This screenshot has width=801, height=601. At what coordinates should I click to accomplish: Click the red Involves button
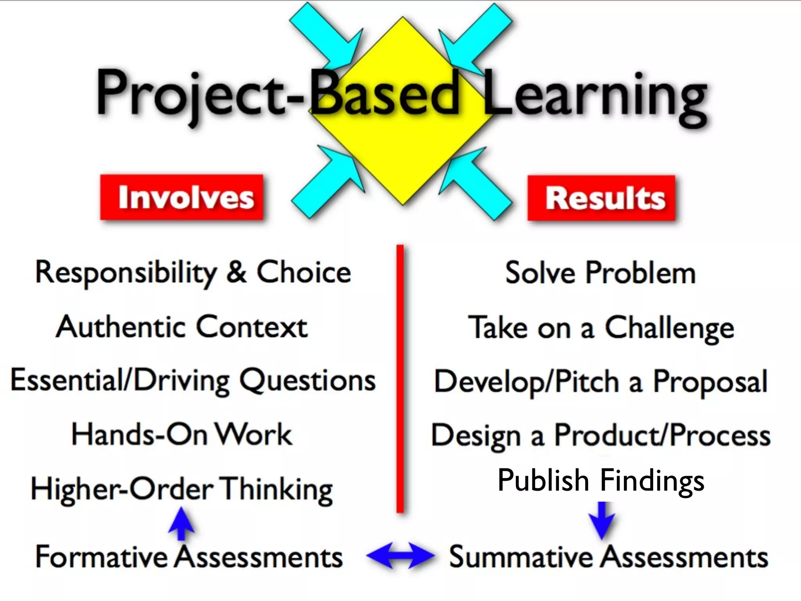[182, 197]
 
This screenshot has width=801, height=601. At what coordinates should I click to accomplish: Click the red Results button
[602, 198]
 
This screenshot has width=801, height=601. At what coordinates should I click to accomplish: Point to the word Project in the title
[192, 94]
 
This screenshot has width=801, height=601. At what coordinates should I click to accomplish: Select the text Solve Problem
[600, 273]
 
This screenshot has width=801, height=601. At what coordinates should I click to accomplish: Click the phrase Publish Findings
[601, 480]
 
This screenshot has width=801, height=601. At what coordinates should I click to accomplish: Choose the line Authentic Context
[182, 327]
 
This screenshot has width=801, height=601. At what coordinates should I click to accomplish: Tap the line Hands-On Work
[182, 434]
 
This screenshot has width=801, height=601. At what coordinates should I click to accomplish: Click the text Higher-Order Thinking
[182, 489]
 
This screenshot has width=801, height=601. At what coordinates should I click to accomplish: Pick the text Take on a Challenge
[601, 328]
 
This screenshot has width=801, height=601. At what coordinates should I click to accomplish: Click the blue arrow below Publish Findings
[602, 520]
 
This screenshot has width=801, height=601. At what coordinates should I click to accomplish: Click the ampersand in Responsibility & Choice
[237, 272]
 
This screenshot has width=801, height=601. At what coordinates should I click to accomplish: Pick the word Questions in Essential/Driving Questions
[307, 381]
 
